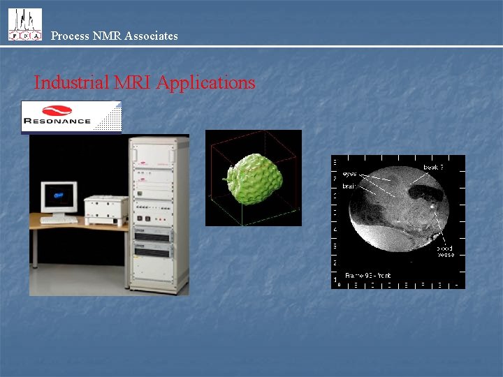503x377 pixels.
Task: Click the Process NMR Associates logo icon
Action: pyautogui.click(x=24, y=24)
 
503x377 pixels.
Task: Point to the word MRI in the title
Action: pyautogui.click(x=133, y=82)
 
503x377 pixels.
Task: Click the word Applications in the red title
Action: pyautogui.click(x=205, y=82)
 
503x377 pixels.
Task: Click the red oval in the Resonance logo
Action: pyautogui.click(x=57, y=110)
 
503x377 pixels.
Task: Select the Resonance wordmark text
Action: pyautogui.click(x=57, y=121)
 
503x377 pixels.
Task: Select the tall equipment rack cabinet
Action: pyautogui.click(x=159, y=213)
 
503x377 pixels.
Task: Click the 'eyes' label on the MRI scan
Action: pyautogui.click(x=349, y=174)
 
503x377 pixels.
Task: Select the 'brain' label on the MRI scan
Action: pyautogui.click(x=349, y=186)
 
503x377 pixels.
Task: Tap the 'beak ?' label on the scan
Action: pyautogui.click(x=433, y=168)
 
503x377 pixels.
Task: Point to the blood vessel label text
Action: pyautogui.click(x=445, y=251)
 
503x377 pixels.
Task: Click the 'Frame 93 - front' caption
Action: pyautogui.click(x=368, y=275)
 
